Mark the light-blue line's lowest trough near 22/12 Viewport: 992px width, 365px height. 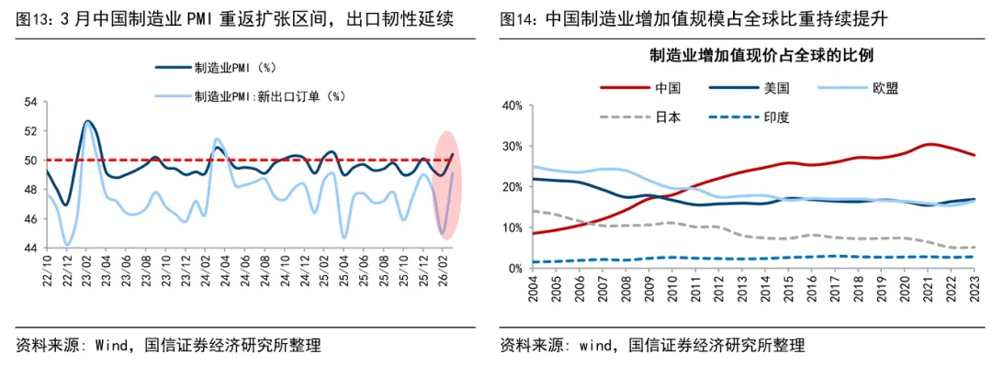[x=67, y=245]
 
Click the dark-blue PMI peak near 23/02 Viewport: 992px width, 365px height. [x=88, y=121]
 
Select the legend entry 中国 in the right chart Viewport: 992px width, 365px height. [x=667, y=88]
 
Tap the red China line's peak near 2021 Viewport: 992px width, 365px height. [x=929, y=144]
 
